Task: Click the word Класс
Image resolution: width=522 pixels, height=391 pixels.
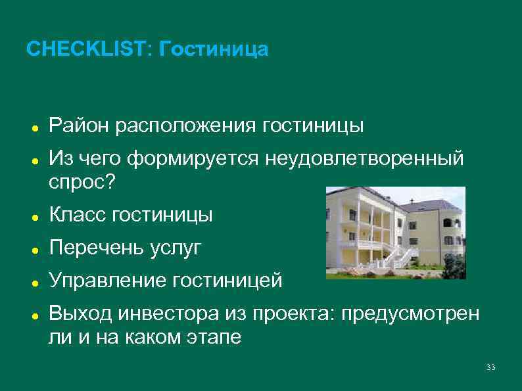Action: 78,214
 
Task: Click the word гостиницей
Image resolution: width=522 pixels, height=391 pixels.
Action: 227,281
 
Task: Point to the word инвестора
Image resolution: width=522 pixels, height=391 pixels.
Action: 166,313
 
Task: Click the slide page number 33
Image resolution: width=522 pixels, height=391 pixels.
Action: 490,367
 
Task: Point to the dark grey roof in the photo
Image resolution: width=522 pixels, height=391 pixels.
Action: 424,206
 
